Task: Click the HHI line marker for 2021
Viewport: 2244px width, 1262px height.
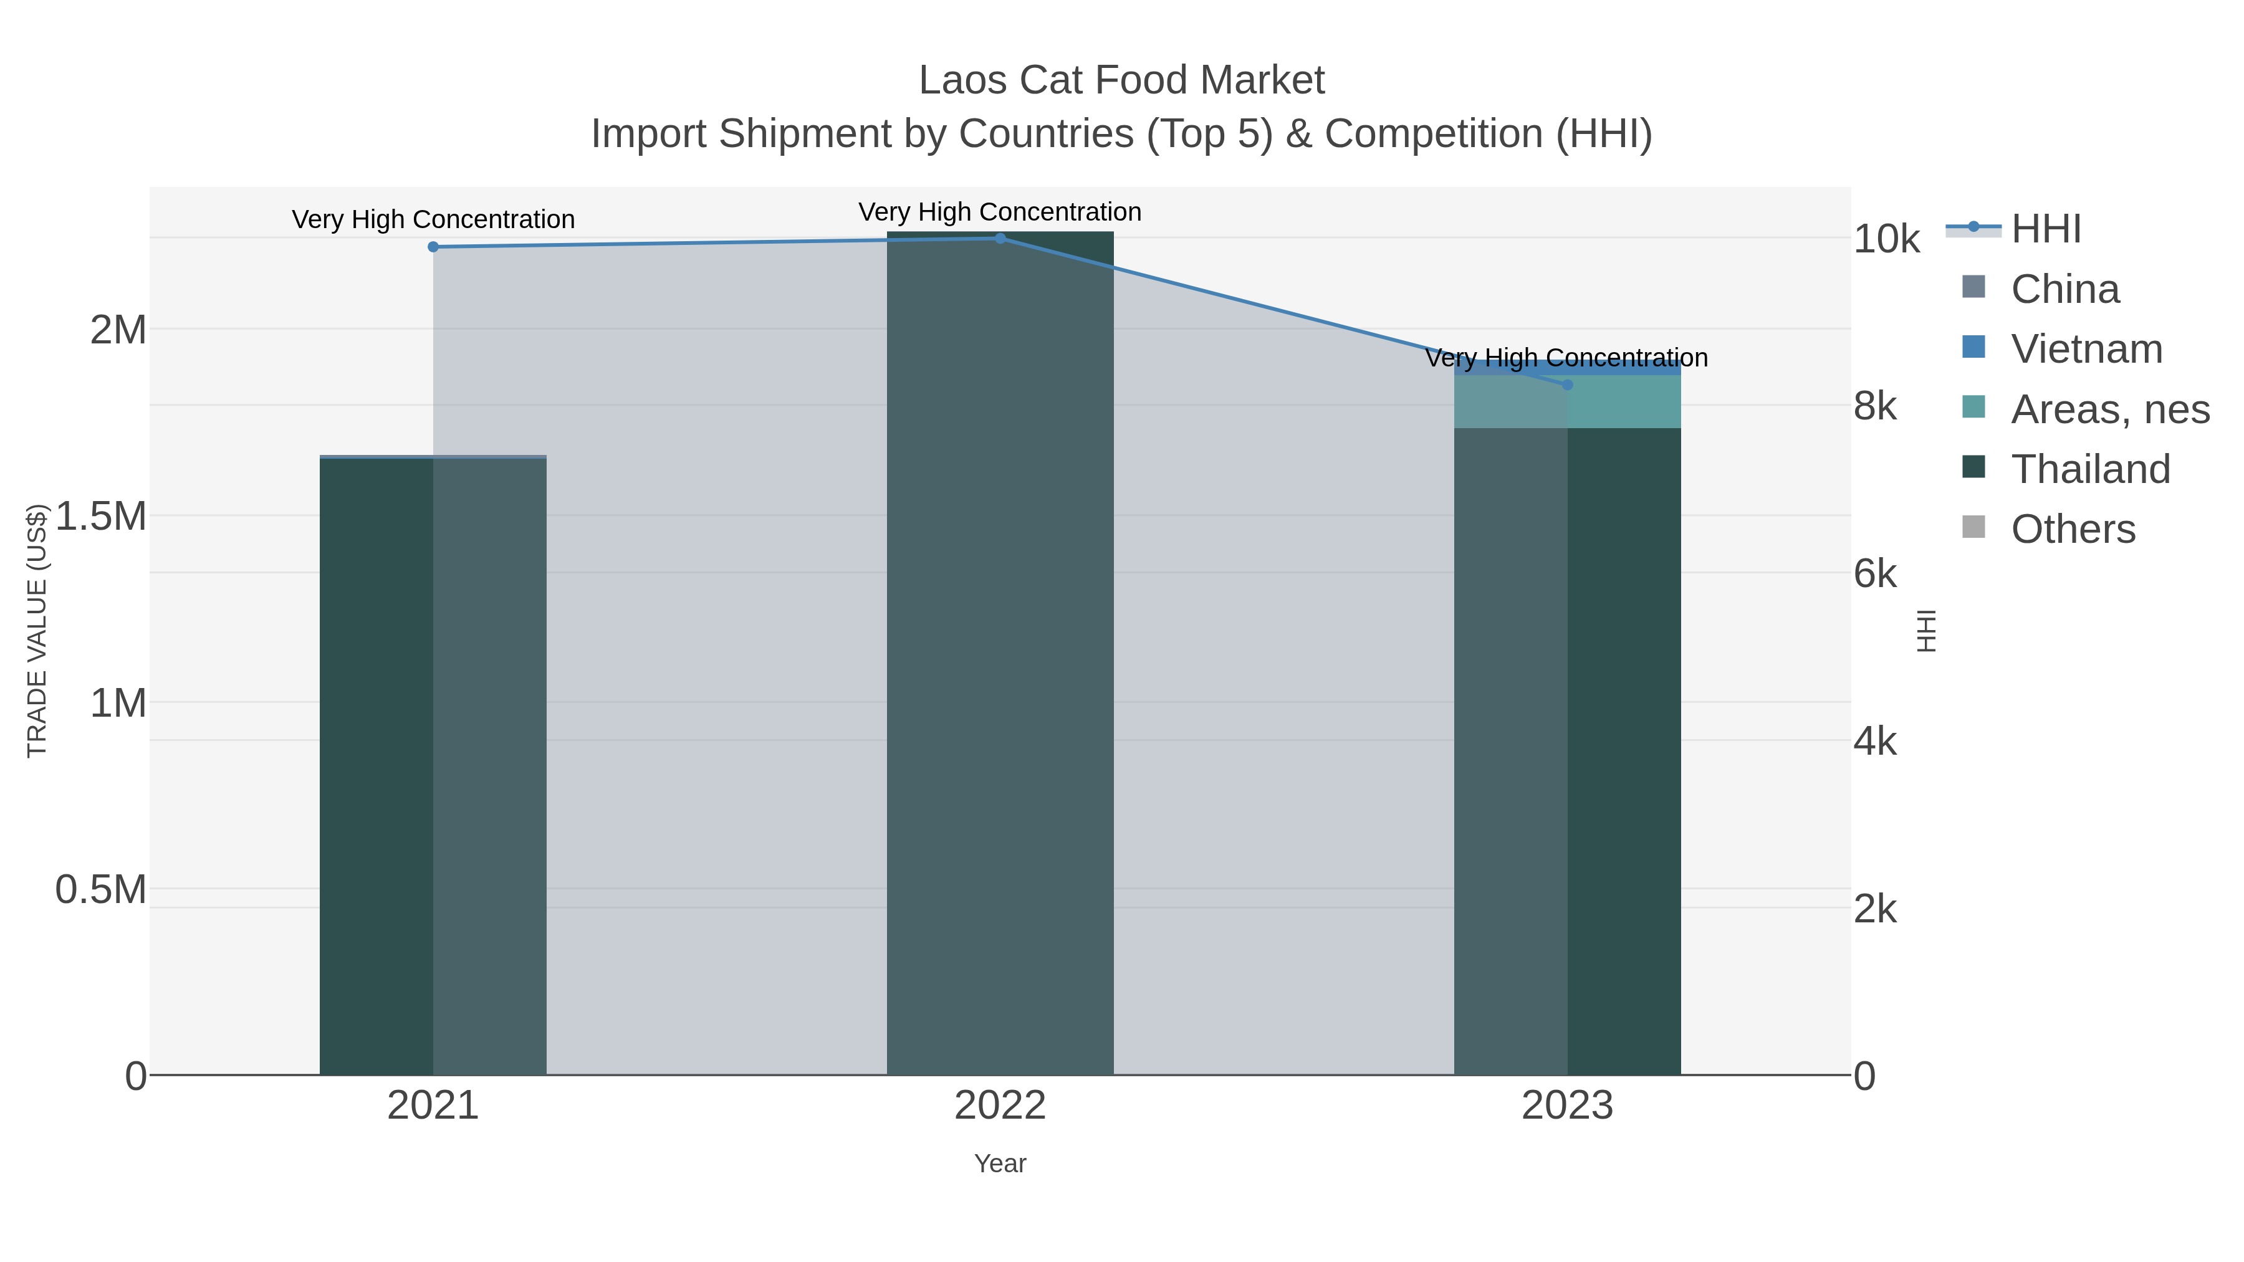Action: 433,246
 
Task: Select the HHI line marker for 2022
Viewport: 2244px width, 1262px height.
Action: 1000,238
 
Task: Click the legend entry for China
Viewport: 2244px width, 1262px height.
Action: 2064,289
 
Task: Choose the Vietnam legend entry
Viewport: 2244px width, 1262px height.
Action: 2086,349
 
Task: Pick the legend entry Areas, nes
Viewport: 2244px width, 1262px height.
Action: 2109,409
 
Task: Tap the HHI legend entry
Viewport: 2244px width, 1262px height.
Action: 2045,229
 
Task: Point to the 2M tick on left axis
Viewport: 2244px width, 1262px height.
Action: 118,330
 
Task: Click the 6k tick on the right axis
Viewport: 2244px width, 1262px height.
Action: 1874,574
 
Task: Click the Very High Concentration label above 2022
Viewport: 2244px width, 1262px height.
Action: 1000,212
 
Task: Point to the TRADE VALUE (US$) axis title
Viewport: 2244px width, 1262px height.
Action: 37,631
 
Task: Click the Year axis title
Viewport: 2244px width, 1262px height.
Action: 1000,1164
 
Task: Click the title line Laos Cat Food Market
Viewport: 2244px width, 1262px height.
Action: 1121,80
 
